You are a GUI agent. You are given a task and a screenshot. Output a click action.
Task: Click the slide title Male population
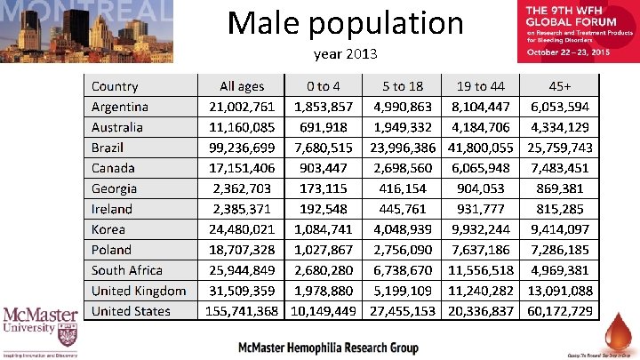pos(346,23)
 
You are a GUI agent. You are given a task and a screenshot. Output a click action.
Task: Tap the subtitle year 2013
pos(346,55)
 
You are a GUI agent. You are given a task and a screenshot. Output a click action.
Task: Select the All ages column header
pos(242,86)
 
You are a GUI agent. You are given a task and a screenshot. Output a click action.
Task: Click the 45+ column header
pos(560,86)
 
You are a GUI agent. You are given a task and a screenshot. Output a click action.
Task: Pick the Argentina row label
pos(120,107)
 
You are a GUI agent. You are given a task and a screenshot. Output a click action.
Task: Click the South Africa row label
pos(127,270)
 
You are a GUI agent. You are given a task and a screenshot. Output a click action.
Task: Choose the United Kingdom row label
pos(139,291)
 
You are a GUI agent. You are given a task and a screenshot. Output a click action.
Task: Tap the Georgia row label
pos(115,188)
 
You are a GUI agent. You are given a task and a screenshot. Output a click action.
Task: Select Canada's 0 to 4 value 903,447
pos(324,168)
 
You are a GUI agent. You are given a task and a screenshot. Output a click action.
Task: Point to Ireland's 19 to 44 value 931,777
pos(481,209)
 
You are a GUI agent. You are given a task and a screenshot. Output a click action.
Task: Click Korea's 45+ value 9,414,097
pos(560,229)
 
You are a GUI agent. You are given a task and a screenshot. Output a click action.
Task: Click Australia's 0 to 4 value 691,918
pos(324,127)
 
